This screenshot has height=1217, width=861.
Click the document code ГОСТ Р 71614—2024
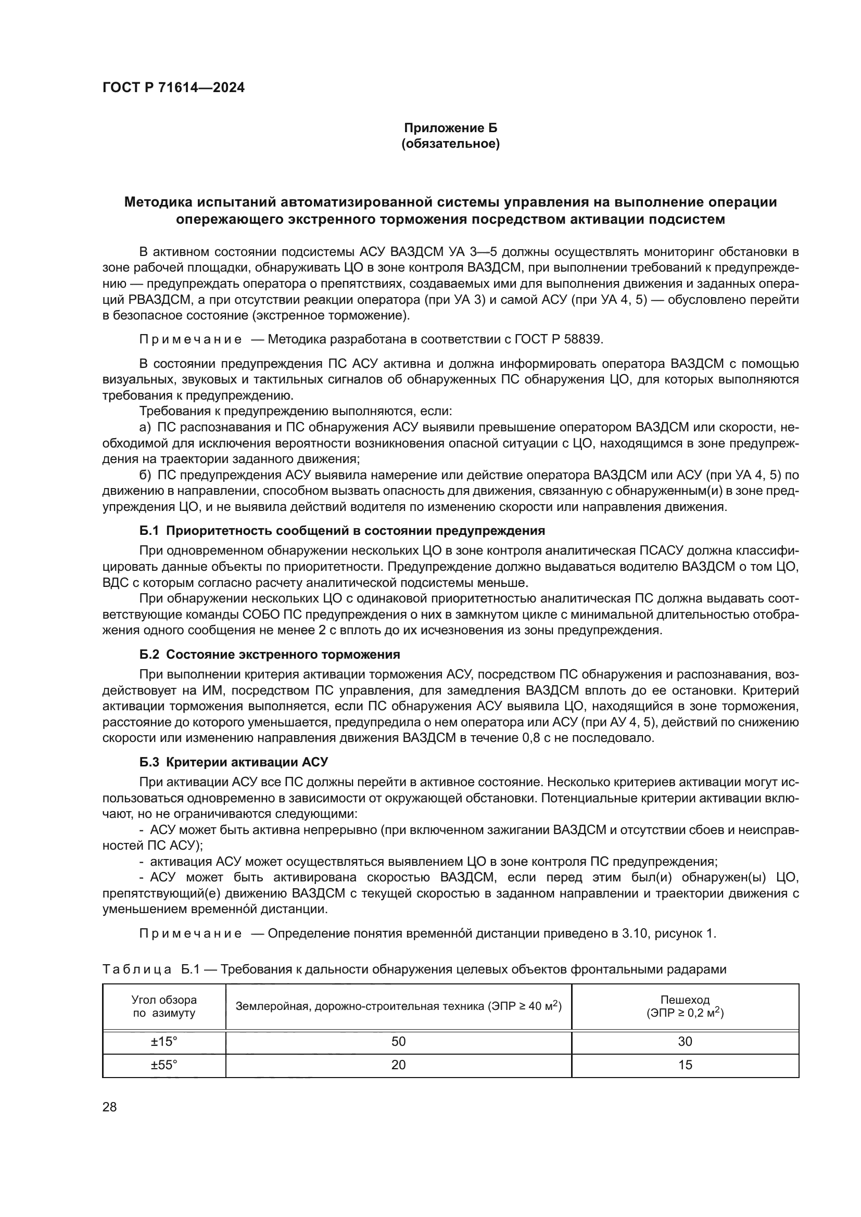tap(173, 88)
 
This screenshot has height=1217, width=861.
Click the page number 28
tap(110, 1107)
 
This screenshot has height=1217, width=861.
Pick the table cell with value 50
tap(398, 1042)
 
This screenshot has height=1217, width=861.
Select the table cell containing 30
tap(685, 1042)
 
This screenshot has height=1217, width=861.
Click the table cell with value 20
tap(398, 1065)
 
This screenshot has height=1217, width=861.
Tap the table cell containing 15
tap(685, 1065)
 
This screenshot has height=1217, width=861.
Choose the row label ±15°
tap(164, 1042)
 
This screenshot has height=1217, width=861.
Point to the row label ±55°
tap(164, 1065)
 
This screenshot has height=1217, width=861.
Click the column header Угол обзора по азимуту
tap(164, 1006)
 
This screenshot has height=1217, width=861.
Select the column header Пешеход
tap(685, 1000)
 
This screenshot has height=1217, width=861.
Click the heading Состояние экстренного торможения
tap(283, 655)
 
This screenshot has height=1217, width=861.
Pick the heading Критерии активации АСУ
tap(247, 762)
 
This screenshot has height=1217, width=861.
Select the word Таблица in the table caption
tap(137, 969)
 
